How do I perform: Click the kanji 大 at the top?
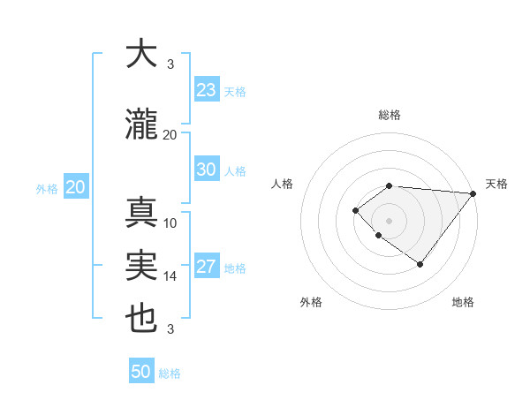click(x=141, y=54)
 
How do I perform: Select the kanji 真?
click(x=141, y=213)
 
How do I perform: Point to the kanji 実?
click(x=141, y=266)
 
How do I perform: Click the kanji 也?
click(x=141, y=319)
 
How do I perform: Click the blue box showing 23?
click(x=207, y=90)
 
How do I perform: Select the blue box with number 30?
click(x=207, y=170)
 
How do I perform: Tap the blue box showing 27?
click(x=207, y=267)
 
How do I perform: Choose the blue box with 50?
click(x=141, y=372)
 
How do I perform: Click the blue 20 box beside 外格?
click(x=76, y=187)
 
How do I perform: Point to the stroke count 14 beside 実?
click(x=170, y=276)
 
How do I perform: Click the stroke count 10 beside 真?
click(x=170, y=223)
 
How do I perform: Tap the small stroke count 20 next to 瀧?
click(x=170, y=135)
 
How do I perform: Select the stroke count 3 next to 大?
click(x=170, y=64)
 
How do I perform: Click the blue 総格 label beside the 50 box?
click(x=170, y=373)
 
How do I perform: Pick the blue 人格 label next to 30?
click(x=235, y=171)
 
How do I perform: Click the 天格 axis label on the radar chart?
click(x=496, y=184)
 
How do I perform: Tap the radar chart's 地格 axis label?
click(x=463, y=302)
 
